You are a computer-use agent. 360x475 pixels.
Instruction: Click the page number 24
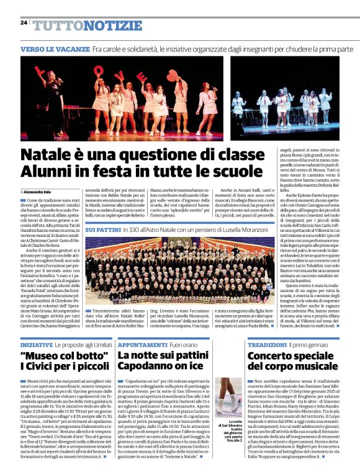click(x=23, y=22)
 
